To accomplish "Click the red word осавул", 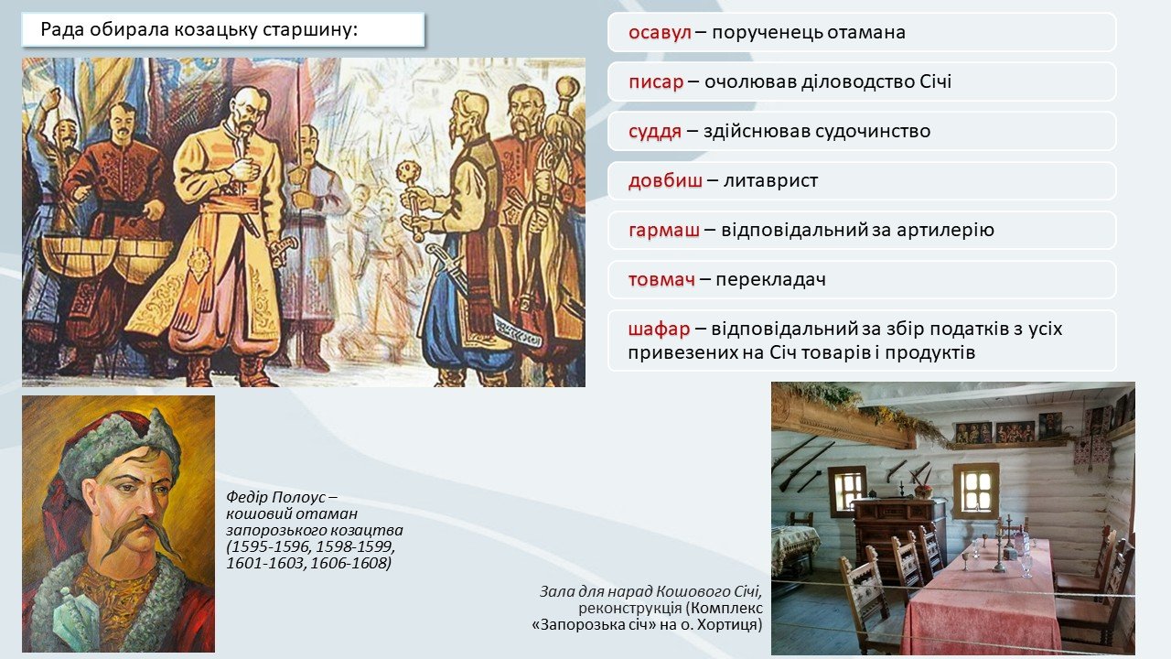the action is [660, 32].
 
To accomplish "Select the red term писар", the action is [656, 82].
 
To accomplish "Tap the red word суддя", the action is [655, 131].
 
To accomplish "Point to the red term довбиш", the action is [665, 180].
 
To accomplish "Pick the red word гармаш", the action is [664, 230].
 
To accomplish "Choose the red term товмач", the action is [661, 279].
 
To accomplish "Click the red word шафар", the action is [660, 329].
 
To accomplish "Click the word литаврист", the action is [770, 180].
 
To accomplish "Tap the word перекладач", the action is [770, 279].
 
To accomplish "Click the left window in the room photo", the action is [847, 489].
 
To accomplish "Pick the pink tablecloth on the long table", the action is [982, 601].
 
